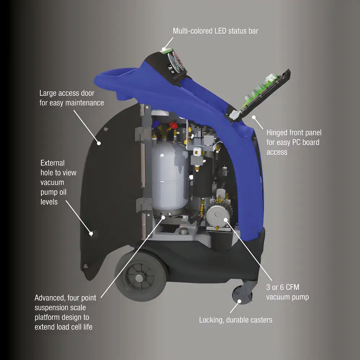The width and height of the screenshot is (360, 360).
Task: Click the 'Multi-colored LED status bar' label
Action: point(215,31)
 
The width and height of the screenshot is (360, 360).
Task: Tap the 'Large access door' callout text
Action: point(72,98)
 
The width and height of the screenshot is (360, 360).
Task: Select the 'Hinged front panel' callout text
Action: point(293,142)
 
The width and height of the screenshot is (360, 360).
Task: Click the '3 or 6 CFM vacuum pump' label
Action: point(287,292)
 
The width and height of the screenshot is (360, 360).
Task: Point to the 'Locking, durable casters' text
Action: point(235,320)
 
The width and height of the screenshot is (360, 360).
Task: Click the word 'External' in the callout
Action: point(53,163)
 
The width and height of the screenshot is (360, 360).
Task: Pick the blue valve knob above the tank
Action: point(158,124)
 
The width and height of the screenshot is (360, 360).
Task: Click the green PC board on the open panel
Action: point(259,94)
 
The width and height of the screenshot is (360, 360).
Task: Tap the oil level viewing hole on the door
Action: point(91,233)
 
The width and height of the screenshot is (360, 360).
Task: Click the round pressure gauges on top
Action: point(176,61)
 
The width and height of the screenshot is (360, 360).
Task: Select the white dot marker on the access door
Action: point(99,143)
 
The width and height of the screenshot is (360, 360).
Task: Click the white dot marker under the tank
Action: point(164,217)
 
